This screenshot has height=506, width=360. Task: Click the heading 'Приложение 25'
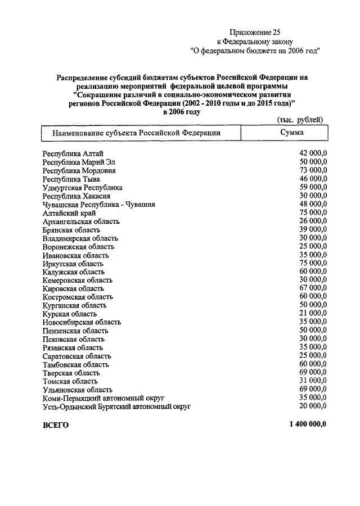(x=256, y=32)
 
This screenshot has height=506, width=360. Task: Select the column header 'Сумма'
(x=292, y=132)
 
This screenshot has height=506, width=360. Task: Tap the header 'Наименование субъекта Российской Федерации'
(x=136, y=133)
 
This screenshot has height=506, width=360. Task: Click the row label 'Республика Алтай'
(x=73, y=153)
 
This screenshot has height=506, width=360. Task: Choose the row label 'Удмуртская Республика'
(x=83, y=187)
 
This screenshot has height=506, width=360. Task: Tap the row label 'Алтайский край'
(x=69, y=213)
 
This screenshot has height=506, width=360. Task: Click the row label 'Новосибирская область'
(x=82, y=322)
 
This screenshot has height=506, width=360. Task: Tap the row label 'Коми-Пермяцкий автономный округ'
(x=100, y=398)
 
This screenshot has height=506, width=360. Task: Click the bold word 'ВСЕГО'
(x=56, y=425)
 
